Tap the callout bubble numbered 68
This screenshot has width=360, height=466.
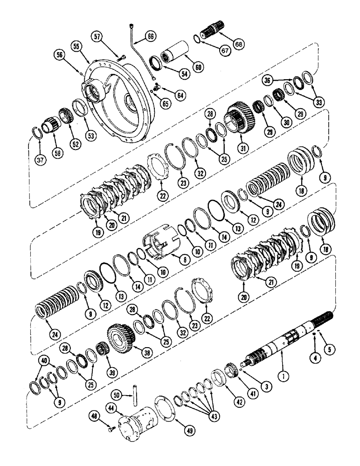click(x=238, y=44)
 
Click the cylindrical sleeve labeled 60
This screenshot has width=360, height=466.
click(x=180, y=51)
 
